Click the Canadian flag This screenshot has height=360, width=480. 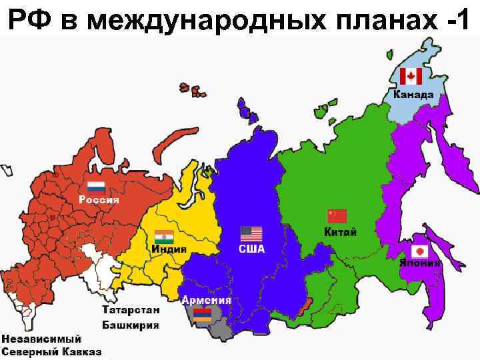[411, 77]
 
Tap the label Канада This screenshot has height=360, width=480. [413, 95]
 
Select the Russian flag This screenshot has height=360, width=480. [97, 187]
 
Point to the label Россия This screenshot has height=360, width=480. [99, 199]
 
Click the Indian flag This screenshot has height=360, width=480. [163, 237]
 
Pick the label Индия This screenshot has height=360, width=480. [169, 249]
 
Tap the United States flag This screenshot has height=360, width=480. [251, 234]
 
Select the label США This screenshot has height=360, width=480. [252, 249]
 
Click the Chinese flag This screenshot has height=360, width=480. [337, 216]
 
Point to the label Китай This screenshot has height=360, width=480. [340, 232]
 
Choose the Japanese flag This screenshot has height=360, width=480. [420, 251]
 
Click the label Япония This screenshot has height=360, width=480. [420, 263]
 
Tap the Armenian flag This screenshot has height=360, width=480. [201, 315]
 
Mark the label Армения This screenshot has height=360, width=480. [207, 300]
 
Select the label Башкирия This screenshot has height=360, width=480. [131, 325]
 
